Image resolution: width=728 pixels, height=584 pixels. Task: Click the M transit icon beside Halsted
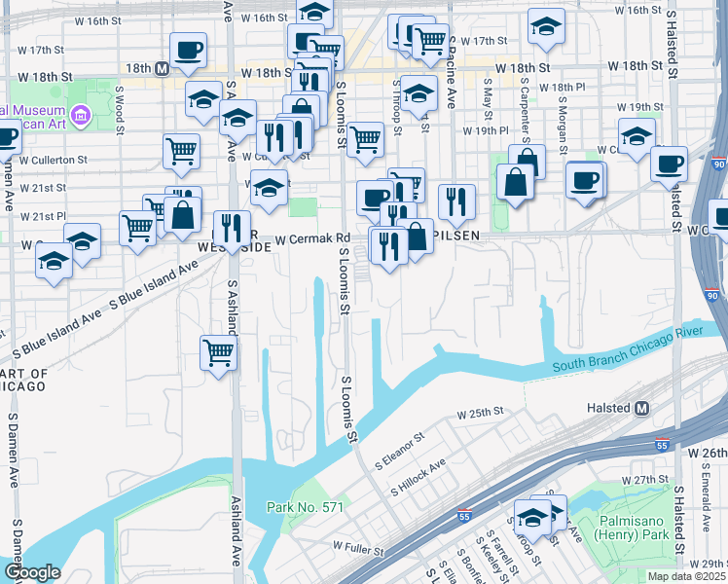pos(641,409)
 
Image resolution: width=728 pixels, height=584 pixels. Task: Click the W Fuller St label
pos(359,550)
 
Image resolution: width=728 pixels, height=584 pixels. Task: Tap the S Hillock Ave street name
pos(417,477)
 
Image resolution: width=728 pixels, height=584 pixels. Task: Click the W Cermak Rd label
pos(311,238)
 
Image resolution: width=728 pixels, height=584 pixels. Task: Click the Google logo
pos(32,571)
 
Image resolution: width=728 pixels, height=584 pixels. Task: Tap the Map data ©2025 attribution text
pos(686,576)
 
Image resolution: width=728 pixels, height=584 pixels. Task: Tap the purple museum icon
pos(79,117)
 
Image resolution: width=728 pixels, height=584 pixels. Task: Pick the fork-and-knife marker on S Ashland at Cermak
pos(232,229)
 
